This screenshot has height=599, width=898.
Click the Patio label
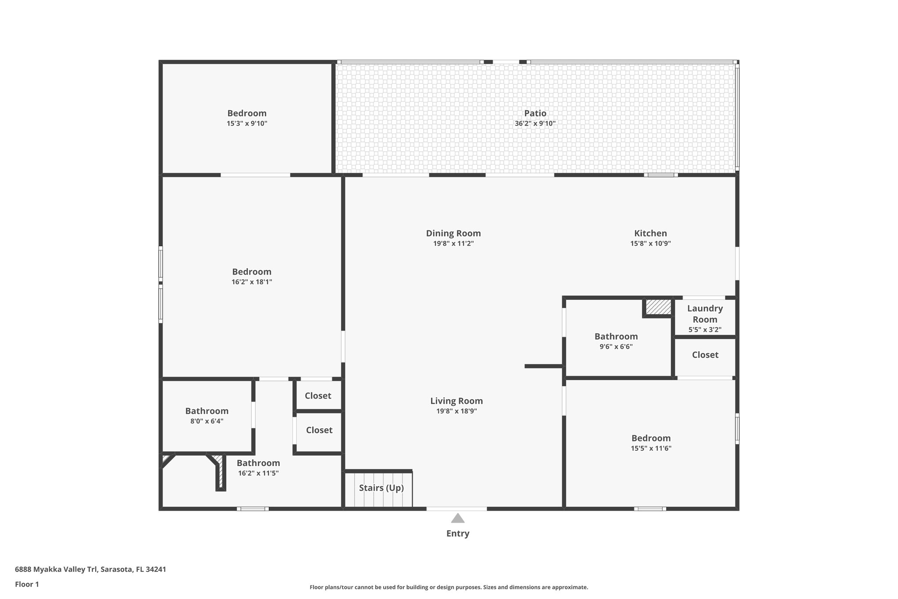click(x=535, y=113)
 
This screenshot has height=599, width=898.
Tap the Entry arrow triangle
click(x=458, y=519)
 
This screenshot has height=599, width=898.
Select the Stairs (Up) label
click(x=381, y=488)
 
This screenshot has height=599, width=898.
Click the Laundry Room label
click(x=705, y=314)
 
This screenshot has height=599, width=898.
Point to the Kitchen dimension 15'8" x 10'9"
click(x=650, y=244)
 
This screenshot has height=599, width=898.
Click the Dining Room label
click(x=453, y=233)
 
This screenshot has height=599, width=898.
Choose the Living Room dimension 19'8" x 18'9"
click(x=456, y=411)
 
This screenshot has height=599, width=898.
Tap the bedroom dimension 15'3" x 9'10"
click(x=247, y=124)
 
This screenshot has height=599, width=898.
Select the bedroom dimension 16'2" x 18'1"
click(x=252, y=282)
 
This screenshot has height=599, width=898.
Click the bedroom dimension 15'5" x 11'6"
click(x=651, y=448)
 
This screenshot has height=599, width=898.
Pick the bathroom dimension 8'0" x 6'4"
click(x=207, y=421)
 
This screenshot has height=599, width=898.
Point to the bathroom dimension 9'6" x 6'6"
click(x=616, y=347)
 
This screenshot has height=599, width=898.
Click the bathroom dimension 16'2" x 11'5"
click(x=258, y=473)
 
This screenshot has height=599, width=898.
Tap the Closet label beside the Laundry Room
click(x=705, y=355)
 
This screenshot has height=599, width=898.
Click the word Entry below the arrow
click(x=458, y=534)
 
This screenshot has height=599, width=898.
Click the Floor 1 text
click(x=27, y=584)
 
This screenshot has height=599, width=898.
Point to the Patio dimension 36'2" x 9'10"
click(x=535, y=124)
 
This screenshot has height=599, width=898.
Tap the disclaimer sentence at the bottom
click(x=449, y=587)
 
